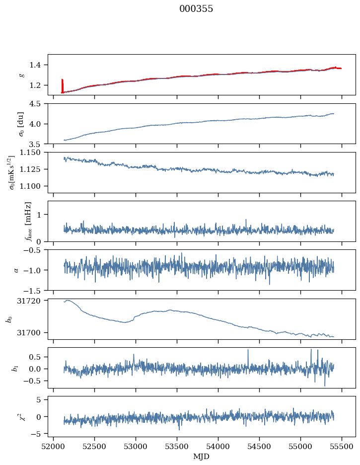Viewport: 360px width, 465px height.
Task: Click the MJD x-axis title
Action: click(202, 456)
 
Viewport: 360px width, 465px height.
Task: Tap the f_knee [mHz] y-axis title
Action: click(28, 221)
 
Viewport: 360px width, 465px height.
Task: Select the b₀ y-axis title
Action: click(9, 318)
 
